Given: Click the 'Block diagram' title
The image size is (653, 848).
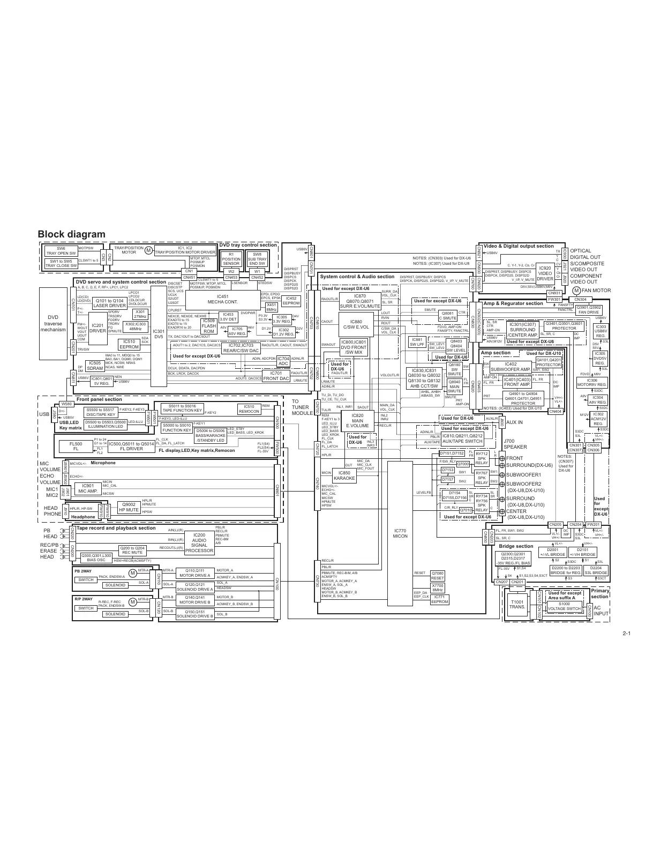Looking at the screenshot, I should (71, 234).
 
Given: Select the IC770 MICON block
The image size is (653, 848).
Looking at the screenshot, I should (400, 533).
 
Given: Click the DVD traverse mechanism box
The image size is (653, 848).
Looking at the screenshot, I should (53, 323).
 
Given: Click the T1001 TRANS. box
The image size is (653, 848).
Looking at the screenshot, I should (517, 604).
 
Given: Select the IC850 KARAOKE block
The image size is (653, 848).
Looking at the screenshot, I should (344, 475).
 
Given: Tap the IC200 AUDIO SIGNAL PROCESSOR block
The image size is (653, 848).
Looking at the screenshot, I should (199, 542).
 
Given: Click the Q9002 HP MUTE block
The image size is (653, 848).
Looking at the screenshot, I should (129, 507).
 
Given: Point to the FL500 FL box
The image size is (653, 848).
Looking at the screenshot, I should (76, 447).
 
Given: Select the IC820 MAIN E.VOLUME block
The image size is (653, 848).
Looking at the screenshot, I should (357, 420).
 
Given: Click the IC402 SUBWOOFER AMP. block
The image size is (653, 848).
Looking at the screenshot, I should (511, 367).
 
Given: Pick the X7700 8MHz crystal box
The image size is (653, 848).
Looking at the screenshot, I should (438, 587).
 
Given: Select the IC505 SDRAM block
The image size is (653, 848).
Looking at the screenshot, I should (95, 366).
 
